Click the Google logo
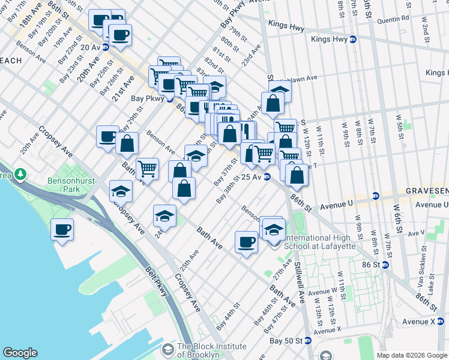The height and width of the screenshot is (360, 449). (x=20, y=353)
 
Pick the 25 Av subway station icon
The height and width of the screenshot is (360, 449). (x=267, y=177)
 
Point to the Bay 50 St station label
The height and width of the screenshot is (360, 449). (x=285, y=340)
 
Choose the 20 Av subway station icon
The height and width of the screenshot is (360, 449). (x=106, y=47)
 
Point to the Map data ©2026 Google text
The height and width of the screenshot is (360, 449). (x=411, y=355)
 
